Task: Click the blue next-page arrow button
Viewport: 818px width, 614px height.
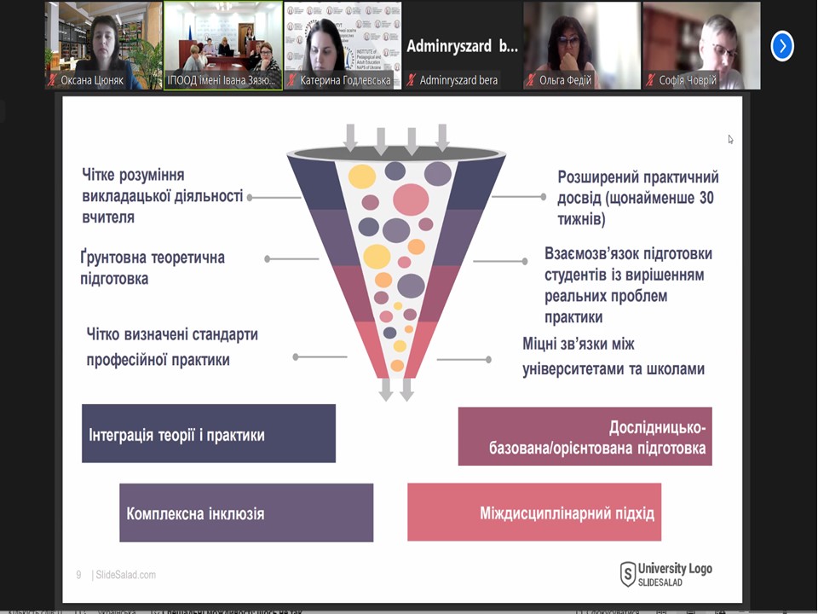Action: [x=782, y=46]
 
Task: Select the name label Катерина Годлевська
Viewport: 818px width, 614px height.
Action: [x=345, y=80]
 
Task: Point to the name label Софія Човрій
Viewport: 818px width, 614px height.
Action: [x=688, y=80]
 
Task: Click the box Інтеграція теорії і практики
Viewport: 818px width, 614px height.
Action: [x=209, y=434]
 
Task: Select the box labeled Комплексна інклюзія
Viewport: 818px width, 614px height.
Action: [x=246, y=513]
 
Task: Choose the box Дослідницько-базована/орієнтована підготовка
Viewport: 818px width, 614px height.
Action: [x=585, y=437]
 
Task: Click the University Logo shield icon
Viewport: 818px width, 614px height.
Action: [x=628, y=574]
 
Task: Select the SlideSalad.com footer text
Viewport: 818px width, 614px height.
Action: [x=125, y=575]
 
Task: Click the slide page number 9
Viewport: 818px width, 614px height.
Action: [x=78, y=575]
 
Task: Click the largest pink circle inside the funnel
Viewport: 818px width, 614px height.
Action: [x=411, y=199]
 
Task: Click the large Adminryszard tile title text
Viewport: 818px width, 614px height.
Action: [x=462, y=46]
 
